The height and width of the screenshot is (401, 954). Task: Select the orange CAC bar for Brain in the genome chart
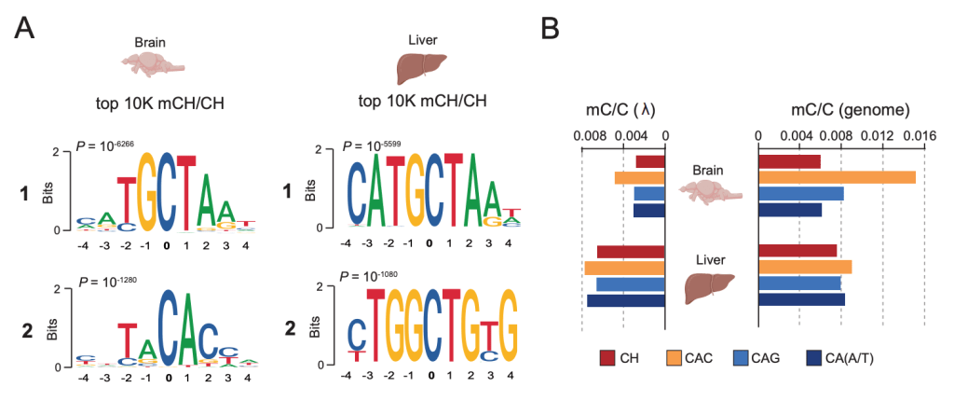click(837, 177)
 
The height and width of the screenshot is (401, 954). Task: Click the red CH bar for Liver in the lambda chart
click(630, 251)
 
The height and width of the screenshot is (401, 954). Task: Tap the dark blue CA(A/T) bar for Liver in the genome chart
click(801, 299)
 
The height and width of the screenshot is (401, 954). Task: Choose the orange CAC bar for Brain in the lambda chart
click(639, 177)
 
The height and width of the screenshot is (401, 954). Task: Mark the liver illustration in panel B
click(710, 286)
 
